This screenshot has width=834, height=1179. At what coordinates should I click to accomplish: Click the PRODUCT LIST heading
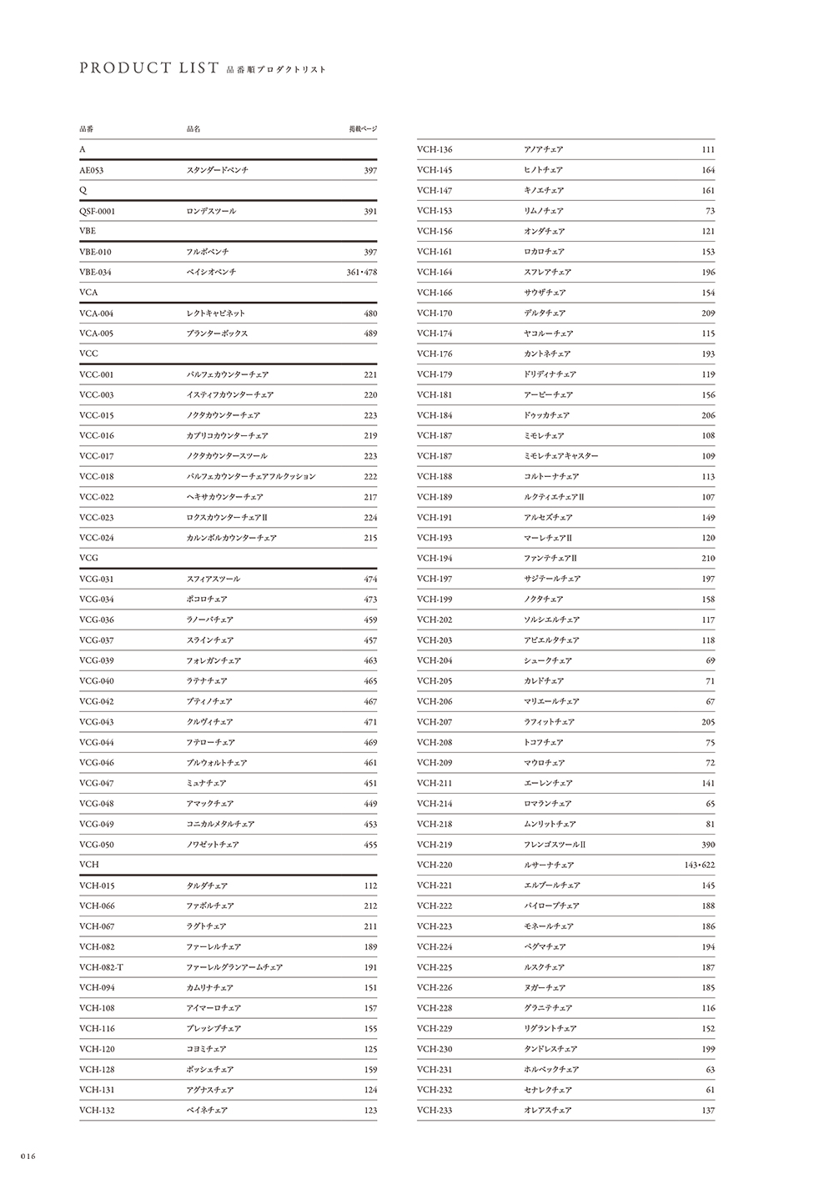(x=149, y=68)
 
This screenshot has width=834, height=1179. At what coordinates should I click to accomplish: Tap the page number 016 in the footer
(x=22, y=1156)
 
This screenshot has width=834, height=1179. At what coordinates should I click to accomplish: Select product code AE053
(x=92, y=170)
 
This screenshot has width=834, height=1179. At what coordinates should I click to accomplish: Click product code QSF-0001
(x=98, y=211)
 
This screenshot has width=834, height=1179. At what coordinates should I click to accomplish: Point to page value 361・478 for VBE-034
(x=361, y=273)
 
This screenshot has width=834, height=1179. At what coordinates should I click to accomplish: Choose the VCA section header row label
(x=88, y=293)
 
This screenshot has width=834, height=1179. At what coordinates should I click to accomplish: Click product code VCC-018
(x=97, y=477)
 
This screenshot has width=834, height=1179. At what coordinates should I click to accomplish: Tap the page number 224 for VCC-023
(x=370, y=518)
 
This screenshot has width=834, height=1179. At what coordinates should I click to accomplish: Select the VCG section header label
(x=88, y=558)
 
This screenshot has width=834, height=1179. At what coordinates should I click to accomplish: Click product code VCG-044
(x=97, y=742)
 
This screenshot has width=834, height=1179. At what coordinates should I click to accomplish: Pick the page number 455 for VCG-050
(x=370, y=845)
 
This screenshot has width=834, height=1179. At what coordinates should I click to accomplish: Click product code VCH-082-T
(x=102, y=967)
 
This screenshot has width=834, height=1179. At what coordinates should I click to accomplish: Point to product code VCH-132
(x=97, y=1111)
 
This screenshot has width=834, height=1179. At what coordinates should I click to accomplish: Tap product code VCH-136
(x=435, y=150)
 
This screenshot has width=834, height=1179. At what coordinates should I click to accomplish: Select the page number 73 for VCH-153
(x=710, y=211)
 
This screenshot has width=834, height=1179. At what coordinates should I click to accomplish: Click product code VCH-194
(x=435, y=559)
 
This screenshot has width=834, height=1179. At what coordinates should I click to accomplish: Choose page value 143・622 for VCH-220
(x=699, y=865)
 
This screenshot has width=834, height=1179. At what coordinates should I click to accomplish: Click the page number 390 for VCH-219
(x=708, y=845)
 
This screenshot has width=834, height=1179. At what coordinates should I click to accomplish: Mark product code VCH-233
(x=435, y=1111)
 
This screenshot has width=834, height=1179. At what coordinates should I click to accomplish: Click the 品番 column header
(x=87, y=129)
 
